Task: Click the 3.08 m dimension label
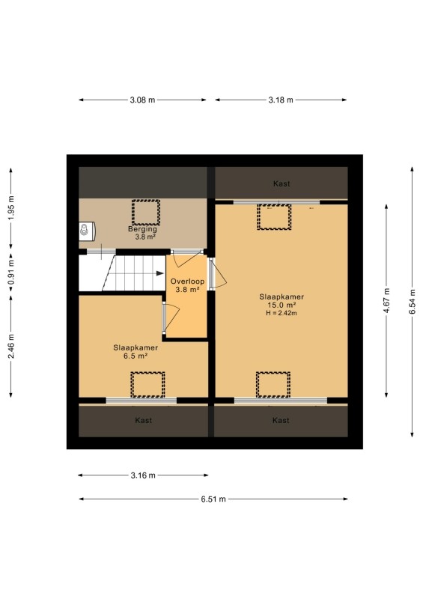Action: tap(142, 100)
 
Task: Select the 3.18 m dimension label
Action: tap(281, 100)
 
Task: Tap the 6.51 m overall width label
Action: tap(213, 499)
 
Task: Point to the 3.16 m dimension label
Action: tap(143, 475)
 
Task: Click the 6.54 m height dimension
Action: tap(412, 302)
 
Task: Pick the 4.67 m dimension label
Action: tap(386, 300)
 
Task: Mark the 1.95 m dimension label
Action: tap(11, 207)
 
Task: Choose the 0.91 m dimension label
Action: tap(11, 272)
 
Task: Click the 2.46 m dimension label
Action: tap(11, 346)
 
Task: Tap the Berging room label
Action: tap(142, 229)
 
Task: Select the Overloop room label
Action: tap(187, 282)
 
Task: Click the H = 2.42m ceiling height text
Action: tap(282, 313)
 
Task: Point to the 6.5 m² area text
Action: tap(136, 356)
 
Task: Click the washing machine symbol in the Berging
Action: tap(87, 231)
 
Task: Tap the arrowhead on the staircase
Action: tap(159, 273)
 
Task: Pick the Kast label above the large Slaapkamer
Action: tap(282, 183)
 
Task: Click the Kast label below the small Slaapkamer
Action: tap(143, 420)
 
